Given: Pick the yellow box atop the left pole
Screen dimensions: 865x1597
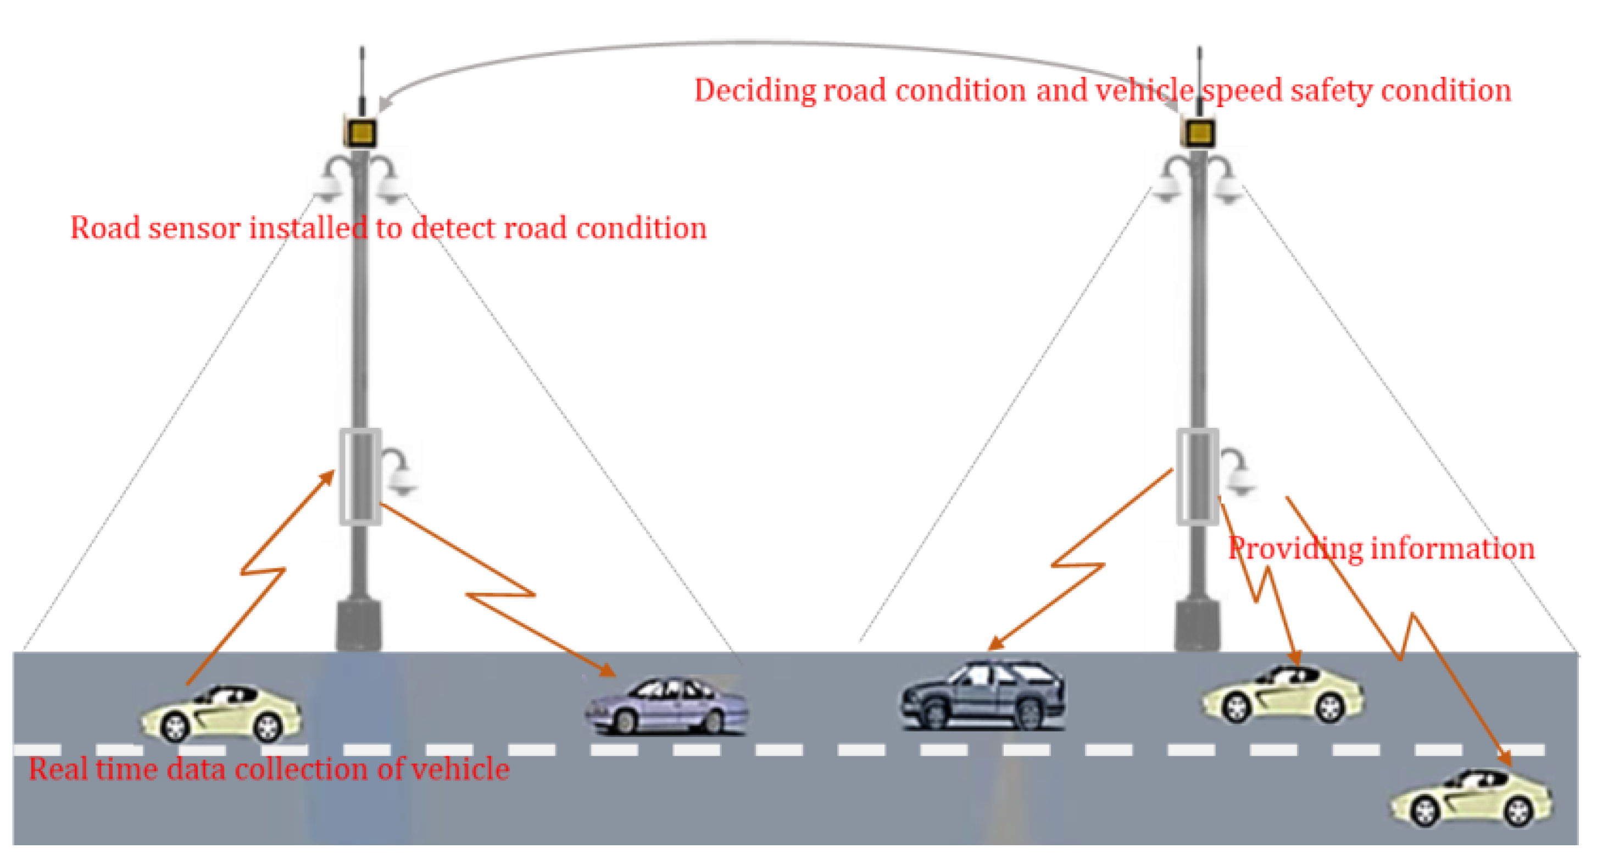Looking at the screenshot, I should coord(360,132).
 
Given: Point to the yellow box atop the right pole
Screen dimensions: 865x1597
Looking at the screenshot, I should coord(1199,132).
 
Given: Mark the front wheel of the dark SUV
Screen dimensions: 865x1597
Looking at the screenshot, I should coord(934,713).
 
